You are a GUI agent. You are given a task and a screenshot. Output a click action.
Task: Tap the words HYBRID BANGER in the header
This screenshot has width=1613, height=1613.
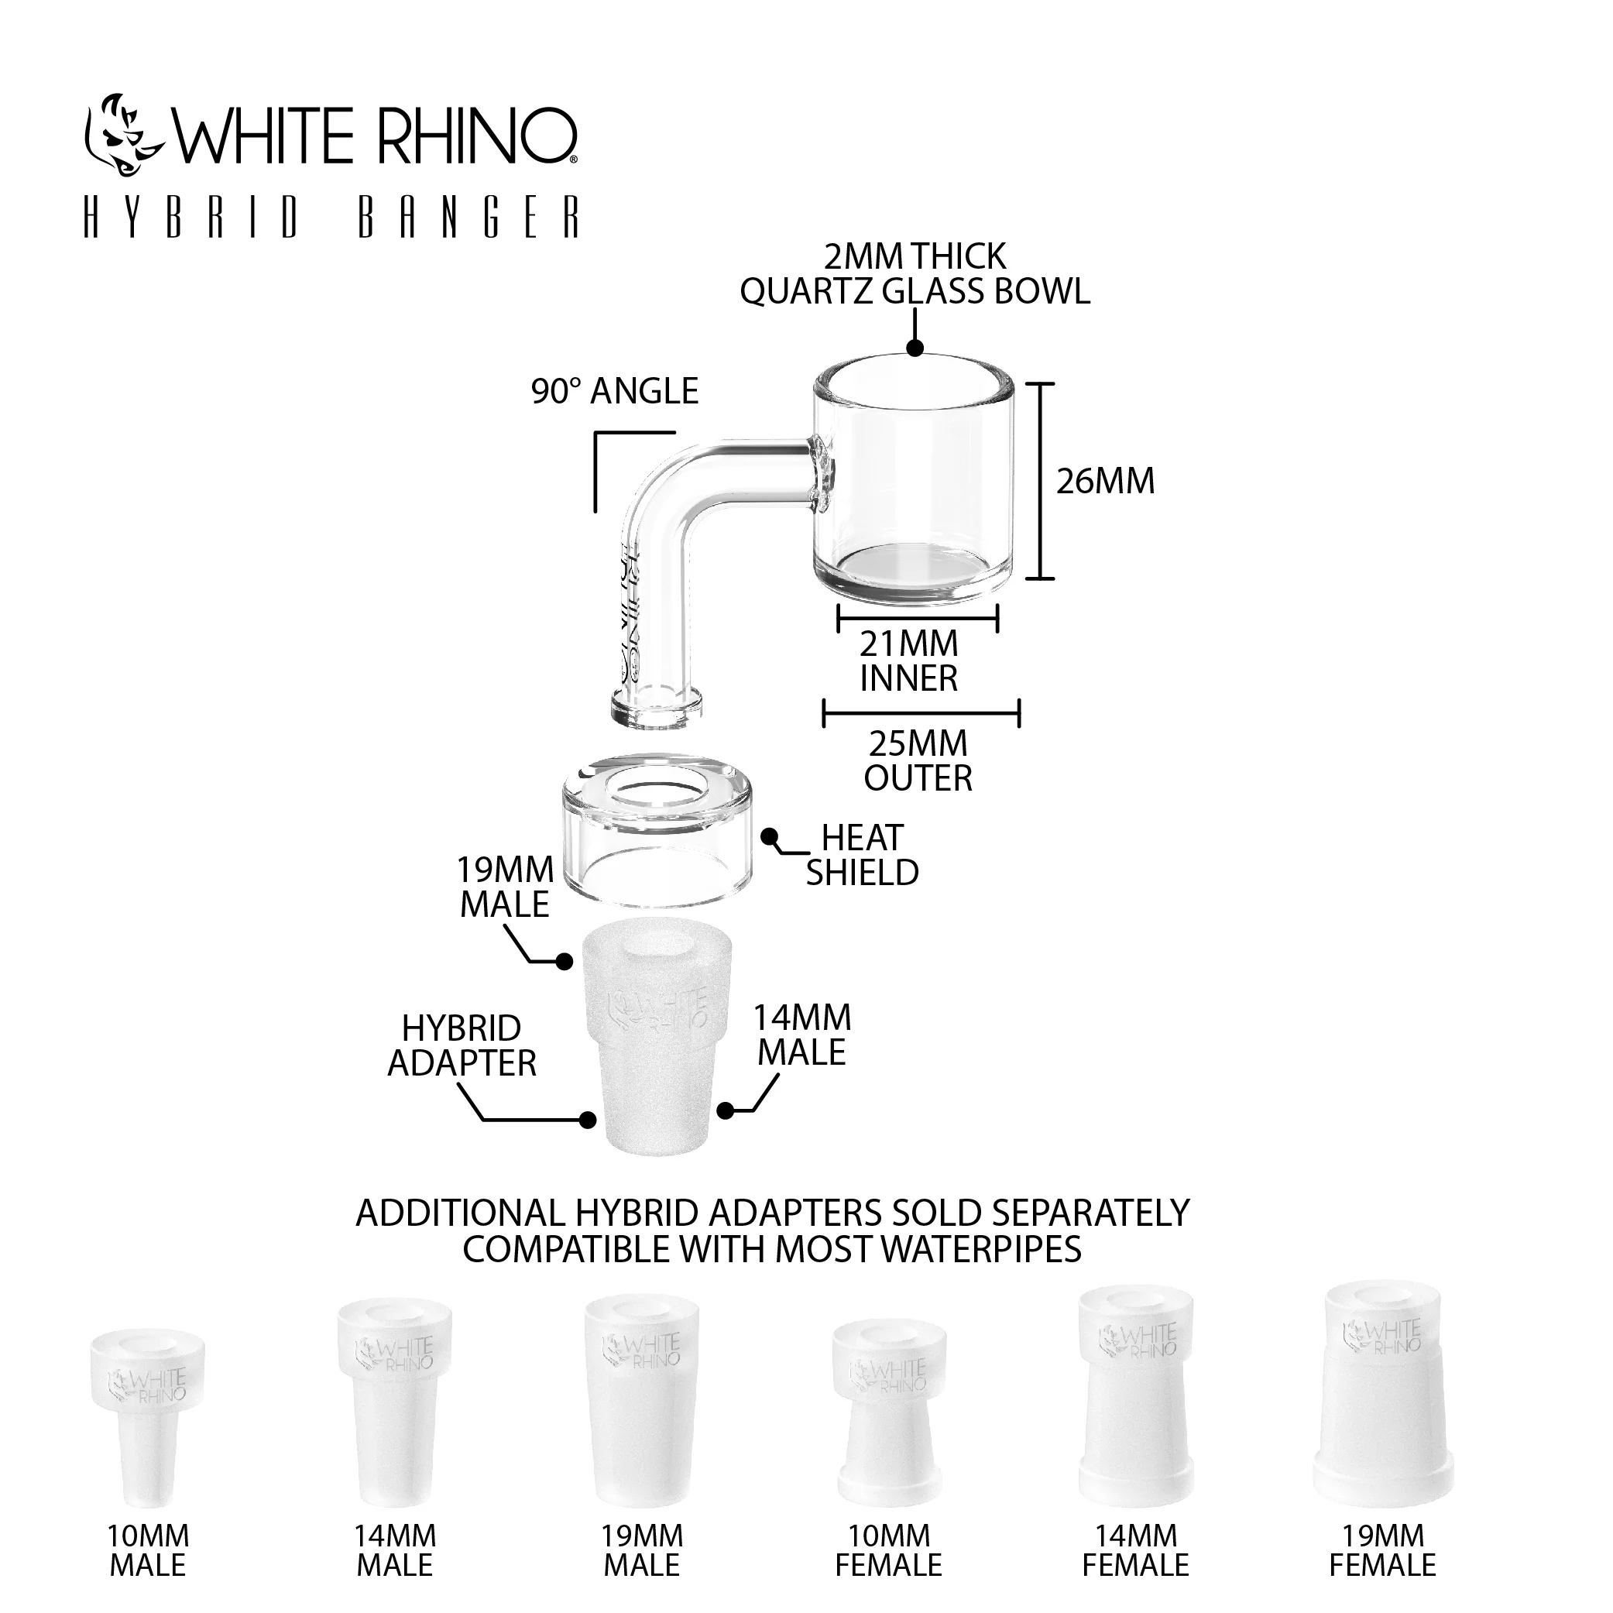click(x=331, y=217)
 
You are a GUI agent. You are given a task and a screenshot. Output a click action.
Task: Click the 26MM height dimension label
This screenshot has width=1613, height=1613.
click(x=1105, y=481)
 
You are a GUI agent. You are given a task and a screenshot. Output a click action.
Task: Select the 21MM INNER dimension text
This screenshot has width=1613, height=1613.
click(x=909, y=661)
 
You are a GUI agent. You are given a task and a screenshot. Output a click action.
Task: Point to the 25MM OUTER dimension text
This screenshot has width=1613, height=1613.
click(x=918, y=760)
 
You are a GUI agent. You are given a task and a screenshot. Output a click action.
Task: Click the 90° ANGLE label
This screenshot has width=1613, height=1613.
click(x=615, y=391)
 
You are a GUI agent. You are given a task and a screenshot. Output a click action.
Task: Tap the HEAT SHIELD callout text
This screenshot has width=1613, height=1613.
click(x=863, y=855)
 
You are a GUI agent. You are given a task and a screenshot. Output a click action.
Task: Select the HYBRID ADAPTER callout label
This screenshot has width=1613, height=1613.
click(x=462, y=1045)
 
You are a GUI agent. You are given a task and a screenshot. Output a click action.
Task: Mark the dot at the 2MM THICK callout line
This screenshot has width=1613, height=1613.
click(x=915, y=348)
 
